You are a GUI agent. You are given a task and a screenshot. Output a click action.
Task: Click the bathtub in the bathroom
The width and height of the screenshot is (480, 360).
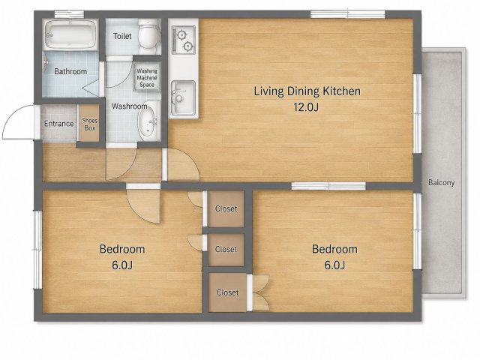tap(70, 34)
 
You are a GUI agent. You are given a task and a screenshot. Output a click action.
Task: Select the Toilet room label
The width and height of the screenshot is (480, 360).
tap(122, 36)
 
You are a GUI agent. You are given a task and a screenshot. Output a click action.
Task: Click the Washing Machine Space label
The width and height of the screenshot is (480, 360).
tap(147, 78)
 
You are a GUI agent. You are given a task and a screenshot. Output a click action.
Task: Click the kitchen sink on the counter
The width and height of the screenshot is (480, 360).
tap(183, 98)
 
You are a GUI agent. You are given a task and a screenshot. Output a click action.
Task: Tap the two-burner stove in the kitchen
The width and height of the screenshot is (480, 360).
tap(183, 40)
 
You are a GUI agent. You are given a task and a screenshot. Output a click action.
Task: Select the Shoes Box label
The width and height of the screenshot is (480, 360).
tap(90, 124)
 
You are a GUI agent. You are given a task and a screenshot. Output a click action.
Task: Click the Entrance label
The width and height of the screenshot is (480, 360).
tap(58, 124)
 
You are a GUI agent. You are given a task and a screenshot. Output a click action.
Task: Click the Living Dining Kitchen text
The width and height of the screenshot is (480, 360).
tap(307, 91)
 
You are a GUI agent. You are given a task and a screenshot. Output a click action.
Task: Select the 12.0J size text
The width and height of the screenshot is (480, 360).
tap(306, 107)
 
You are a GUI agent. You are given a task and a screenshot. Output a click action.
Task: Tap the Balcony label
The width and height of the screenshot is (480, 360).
tap(441, 183)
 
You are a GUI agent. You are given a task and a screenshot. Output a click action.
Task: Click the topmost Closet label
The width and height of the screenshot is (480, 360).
tap(226, 208)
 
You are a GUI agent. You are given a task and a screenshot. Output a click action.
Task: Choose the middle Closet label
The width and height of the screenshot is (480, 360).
tap(226, 249)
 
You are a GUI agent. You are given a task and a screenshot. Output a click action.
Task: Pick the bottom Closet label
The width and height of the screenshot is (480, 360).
tap(227, 292)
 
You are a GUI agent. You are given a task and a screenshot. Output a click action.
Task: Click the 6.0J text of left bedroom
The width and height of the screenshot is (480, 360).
tap(122, 265)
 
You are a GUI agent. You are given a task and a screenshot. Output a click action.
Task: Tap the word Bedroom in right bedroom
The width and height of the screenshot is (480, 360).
tap(334, 249)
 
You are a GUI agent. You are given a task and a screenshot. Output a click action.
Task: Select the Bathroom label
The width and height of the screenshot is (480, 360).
tap(70, 71)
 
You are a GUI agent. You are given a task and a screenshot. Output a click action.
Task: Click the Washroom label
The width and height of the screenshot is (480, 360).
tap(130, 106)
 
